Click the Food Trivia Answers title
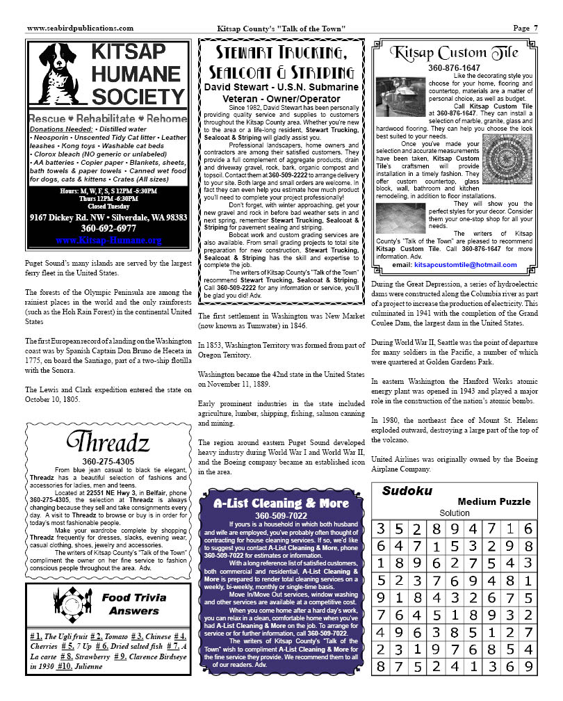click(x=133, y=604)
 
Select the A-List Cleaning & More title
click(x=281, y=502)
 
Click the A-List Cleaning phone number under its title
click(x=281, y=515)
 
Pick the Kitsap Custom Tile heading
click(x=455, y=53)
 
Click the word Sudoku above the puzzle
click(x=407, y=491)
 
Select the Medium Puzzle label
click(x=493, y=501)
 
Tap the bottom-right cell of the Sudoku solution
click(x=528, y=666)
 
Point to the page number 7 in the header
click(x=536, y=29)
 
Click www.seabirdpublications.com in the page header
click(x=80, y=29)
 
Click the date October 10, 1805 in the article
click(x=52, y=400)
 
